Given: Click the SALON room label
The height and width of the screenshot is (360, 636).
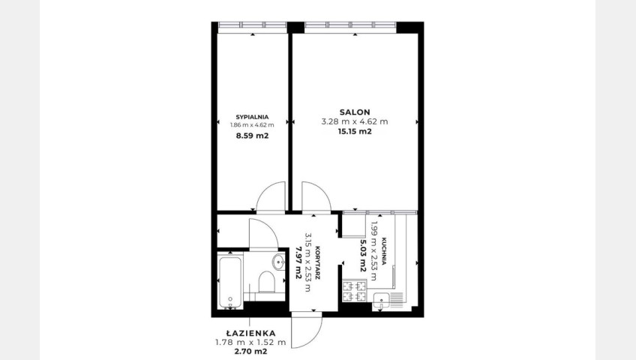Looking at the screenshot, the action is tap(355, 112).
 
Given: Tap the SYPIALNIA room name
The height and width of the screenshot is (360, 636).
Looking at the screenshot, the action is tap(252, 117).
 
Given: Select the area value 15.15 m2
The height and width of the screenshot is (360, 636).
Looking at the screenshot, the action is tap(355, 131).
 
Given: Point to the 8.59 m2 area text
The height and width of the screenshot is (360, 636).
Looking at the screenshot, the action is tap(252, 136).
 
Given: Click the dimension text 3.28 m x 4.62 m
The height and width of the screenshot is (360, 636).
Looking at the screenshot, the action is tap(355, 121).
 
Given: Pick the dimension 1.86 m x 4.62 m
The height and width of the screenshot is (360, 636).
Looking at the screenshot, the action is tap(252, 124).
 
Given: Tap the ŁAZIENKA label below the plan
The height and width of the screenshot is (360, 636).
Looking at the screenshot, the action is tap(250, 333).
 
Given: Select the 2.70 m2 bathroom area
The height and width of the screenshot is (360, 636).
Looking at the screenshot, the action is tap(250, 352).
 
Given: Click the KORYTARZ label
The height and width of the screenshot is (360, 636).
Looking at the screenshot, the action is tap(318, 262).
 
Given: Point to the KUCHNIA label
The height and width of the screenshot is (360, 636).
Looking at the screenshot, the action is tap(383, 251).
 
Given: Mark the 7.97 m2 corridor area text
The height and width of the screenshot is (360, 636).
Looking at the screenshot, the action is tap(298, 262).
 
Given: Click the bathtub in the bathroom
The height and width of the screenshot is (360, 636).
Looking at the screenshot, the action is tap(230, 281).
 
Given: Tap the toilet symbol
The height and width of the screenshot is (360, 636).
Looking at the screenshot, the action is tap(266, 282).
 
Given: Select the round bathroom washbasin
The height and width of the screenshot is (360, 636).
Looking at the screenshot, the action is tap(279, 262).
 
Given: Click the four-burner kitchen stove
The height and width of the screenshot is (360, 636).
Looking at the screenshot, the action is tap(355, 292).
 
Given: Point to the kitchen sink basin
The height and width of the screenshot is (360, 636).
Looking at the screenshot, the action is tap(381, 301).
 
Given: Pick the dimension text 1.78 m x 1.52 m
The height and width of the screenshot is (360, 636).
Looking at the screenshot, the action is tap(250, 343).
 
